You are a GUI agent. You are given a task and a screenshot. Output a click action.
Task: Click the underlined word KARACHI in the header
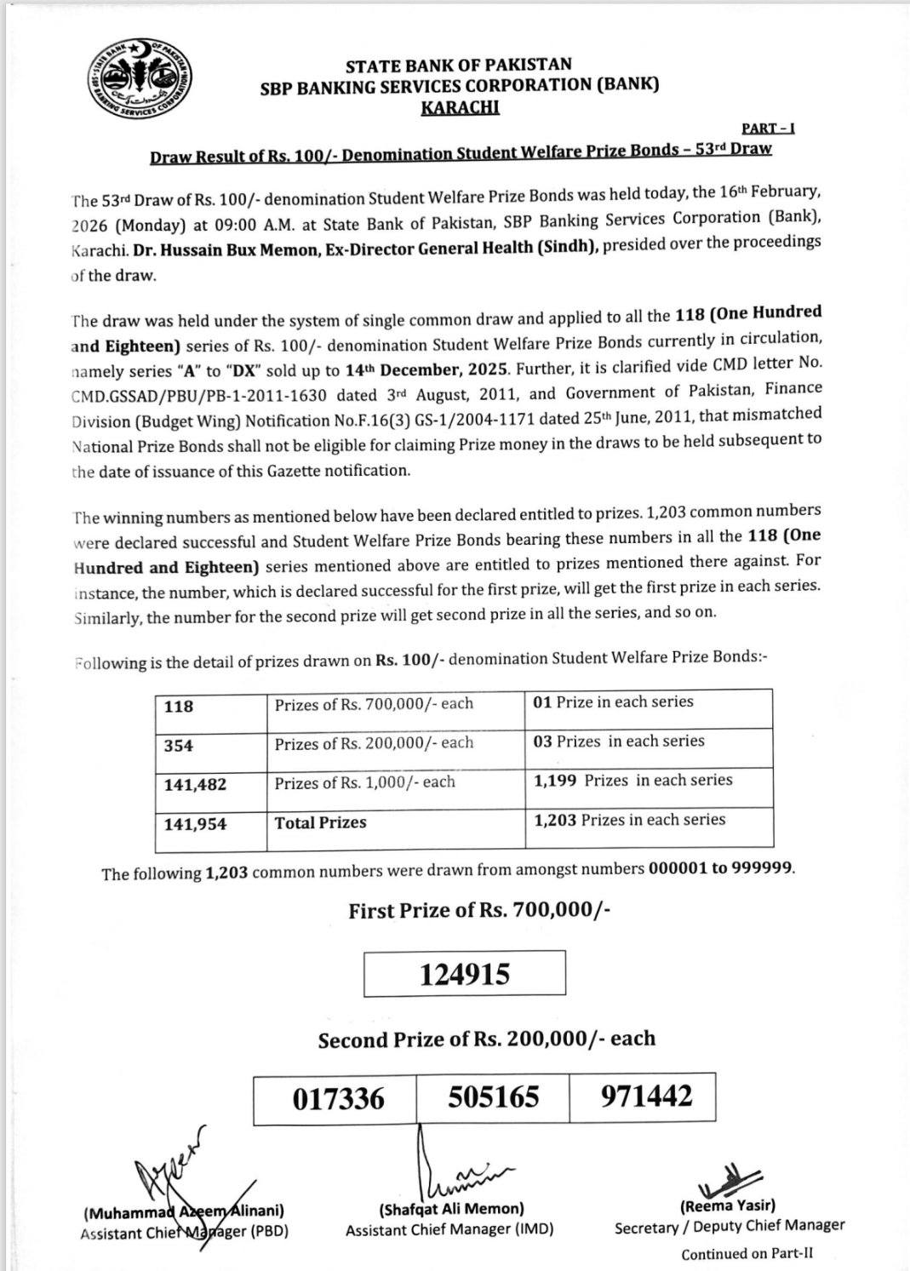460,107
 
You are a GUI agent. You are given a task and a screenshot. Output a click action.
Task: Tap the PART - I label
767,128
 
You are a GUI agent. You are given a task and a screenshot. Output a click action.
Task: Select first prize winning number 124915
465,973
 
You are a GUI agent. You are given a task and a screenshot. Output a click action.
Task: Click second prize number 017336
338,1098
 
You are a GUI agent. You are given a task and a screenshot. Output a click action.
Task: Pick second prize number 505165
494,1096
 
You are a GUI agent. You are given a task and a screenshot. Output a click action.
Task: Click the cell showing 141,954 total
196,823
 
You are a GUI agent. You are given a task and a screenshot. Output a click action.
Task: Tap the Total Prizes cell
321,822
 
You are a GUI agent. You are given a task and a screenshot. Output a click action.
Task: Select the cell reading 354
179,746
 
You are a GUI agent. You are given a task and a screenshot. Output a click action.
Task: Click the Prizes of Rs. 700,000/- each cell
374,704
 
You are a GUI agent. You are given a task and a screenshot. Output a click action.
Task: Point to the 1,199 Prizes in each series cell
632,781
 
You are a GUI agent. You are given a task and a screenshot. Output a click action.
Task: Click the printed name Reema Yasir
728,1205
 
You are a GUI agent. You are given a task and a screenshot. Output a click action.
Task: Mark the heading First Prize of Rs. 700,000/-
479,911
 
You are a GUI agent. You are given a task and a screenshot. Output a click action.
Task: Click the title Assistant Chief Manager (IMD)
449,1229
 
